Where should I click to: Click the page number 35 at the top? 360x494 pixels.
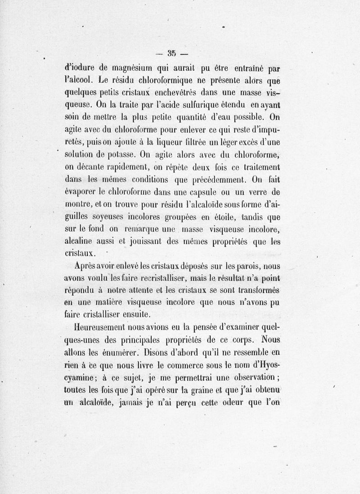coord(171,54)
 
